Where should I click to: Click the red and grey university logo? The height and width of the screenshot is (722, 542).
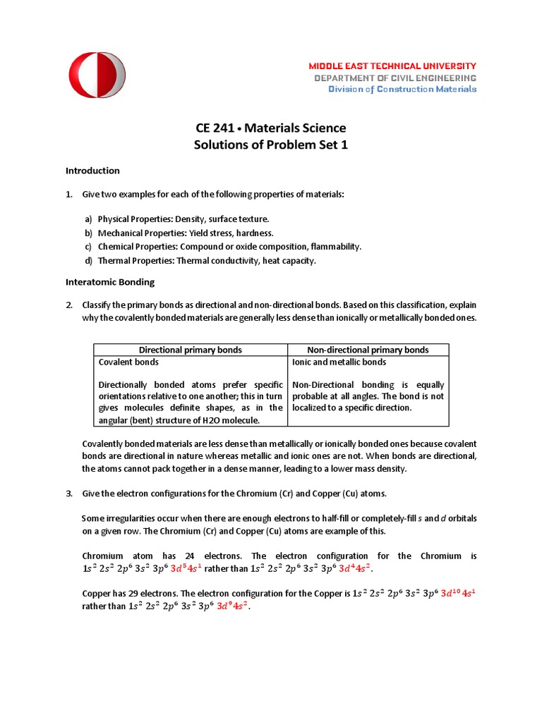coord(97,75)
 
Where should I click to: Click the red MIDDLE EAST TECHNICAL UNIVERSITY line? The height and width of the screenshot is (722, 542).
coord(392,66)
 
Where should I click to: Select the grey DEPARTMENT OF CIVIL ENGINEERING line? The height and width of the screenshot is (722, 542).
coord(395,78)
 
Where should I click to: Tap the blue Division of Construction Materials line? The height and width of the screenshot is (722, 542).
coord(402,89)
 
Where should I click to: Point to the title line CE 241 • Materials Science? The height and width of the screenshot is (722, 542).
coord(271,128)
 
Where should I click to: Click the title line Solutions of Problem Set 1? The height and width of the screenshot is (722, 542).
coord(271,145)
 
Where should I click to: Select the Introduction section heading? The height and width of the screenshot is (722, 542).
coord(92,171)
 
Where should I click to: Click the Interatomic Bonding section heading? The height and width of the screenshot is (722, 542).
coord(109,282)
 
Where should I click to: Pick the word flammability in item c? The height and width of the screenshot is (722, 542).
coord(332,247)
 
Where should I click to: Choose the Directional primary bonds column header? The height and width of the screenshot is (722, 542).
coord(191,350)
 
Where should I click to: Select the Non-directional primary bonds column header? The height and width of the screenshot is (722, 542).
coord(368,350)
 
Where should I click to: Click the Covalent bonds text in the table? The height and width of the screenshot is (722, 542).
coord(128,362)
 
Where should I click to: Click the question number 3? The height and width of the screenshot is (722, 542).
coord(69,493)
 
